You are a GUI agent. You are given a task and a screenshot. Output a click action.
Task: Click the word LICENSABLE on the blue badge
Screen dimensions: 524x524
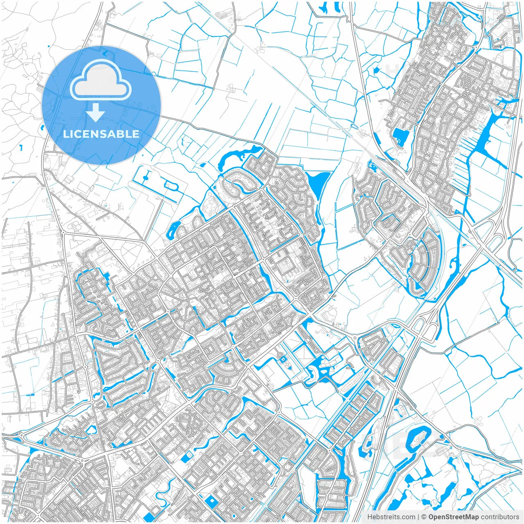[x=101, y=134]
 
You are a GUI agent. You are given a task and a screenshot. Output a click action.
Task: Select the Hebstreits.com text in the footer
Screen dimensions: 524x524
[x=391, y=517]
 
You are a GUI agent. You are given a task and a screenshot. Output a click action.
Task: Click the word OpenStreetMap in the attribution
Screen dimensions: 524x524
[x=454, y=517]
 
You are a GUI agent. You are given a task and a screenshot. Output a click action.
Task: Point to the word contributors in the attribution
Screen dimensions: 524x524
[x=500, y=517]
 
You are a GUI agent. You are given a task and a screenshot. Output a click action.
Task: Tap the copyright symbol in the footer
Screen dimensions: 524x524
[x=424, y=517]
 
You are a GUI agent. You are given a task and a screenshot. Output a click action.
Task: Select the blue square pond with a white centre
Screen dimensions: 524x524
[x=211, y=501]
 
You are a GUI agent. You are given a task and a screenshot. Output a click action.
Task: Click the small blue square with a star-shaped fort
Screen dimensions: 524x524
[x=282, y=359]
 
